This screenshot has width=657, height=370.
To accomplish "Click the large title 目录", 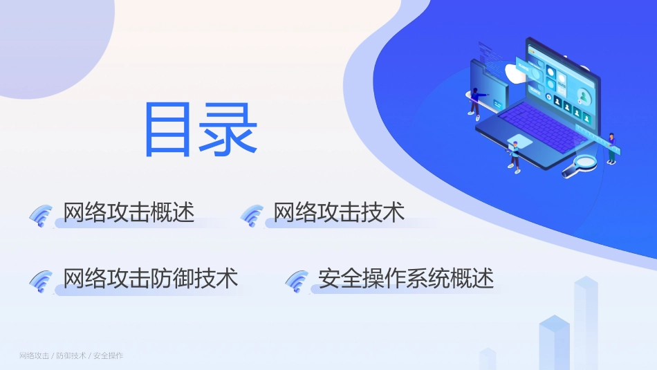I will coord(200,130).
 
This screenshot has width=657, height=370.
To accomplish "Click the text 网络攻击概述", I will coord(129,212).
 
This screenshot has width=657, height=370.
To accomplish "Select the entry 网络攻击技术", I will coord(339,212).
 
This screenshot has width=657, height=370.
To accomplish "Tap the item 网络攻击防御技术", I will coord(150,278).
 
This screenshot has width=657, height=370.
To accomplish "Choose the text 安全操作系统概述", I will coord(406,278).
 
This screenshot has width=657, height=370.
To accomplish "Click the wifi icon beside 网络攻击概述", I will coord(41,215).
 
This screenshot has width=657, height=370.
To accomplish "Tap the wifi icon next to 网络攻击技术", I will coord(252,215).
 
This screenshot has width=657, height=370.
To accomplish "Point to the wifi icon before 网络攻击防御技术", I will coord(41,280).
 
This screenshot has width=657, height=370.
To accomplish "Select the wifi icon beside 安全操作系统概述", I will coord(297,280).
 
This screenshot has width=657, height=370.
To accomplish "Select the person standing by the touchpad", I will coord(513,156).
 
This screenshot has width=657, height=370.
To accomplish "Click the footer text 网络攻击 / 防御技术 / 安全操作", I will coord(71,355).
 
